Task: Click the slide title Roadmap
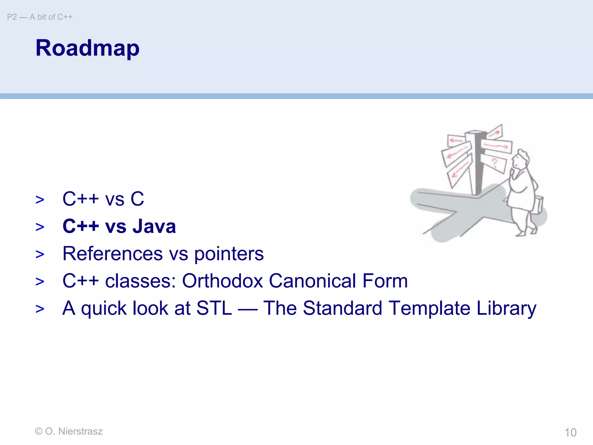click(87, 48)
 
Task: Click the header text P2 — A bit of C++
click(40, 17)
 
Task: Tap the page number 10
click(570, 432)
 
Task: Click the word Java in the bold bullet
click(154, 226)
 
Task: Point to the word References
click(113, 253)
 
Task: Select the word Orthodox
click(222, 281)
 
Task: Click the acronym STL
click(214, 308)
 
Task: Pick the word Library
click(506, 309)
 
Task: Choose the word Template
click(429, 309)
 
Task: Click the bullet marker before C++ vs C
click(40, 200)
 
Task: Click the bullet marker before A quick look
click(40, 309)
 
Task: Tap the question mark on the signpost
click(495, 163)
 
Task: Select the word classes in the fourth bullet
click(140, 281)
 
